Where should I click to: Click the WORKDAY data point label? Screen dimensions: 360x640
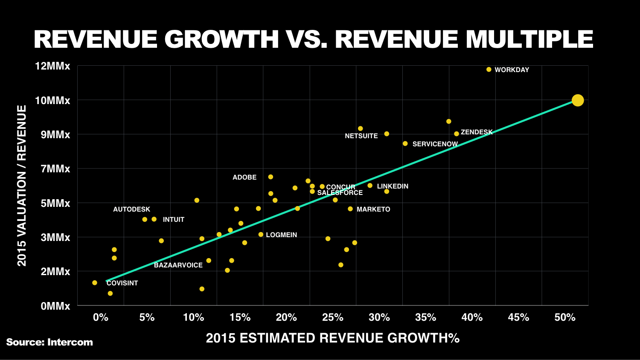512,70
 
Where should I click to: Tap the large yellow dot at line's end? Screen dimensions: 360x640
577,100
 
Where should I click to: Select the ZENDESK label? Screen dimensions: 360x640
477,132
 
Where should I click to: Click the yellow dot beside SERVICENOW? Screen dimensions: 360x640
405,144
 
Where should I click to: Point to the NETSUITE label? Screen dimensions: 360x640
361,136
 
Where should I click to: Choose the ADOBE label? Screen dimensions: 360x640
244,177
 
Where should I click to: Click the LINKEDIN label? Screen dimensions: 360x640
393,186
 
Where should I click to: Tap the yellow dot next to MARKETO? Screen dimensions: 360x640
350,209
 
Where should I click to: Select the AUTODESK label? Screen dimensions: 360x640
131,209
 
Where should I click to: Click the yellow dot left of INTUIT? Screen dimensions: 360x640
154,219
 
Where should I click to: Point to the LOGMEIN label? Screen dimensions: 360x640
281,235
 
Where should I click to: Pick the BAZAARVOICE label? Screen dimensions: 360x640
178,265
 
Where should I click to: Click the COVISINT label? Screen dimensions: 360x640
122,283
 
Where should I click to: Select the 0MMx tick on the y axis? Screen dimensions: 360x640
55,306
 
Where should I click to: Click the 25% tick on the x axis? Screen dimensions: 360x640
333,318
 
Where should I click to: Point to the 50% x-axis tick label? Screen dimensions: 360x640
565,318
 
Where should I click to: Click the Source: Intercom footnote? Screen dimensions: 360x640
49,342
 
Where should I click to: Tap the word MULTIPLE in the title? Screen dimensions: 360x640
529,39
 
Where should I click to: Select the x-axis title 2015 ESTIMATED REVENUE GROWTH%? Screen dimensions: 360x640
333,338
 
